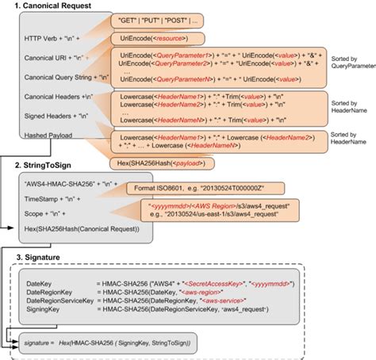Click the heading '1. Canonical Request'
[x=48, y=7]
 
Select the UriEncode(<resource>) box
[x=159, y=37]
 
